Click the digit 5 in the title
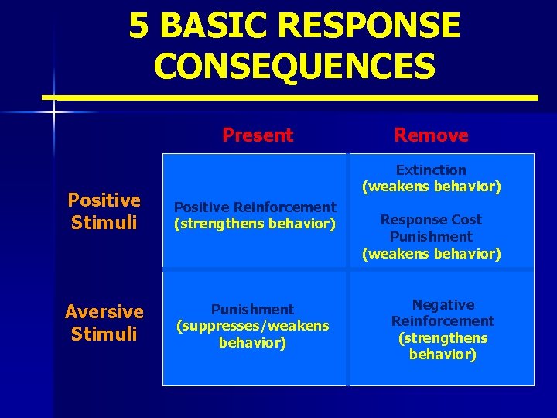point(138,26)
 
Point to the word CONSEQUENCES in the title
point(294,66)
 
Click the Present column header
point(258,135)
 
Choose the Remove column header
point(431,135)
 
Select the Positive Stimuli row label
point(104,211)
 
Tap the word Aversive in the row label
point(104,312)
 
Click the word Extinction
point(431,170)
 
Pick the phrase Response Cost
point(431,220)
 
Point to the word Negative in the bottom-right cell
point(443,305)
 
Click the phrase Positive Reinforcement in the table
point(255,207)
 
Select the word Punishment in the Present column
point(253,310)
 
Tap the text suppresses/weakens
point(253,326)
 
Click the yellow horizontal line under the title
point(290,98)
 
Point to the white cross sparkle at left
point(54,113)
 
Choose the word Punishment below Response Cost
point(431,237)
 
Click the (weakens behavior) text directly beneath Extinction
point(431,187)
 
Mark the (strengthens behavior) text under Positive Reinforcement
point(255,224)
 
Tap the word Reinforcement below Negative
point(443,321)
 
